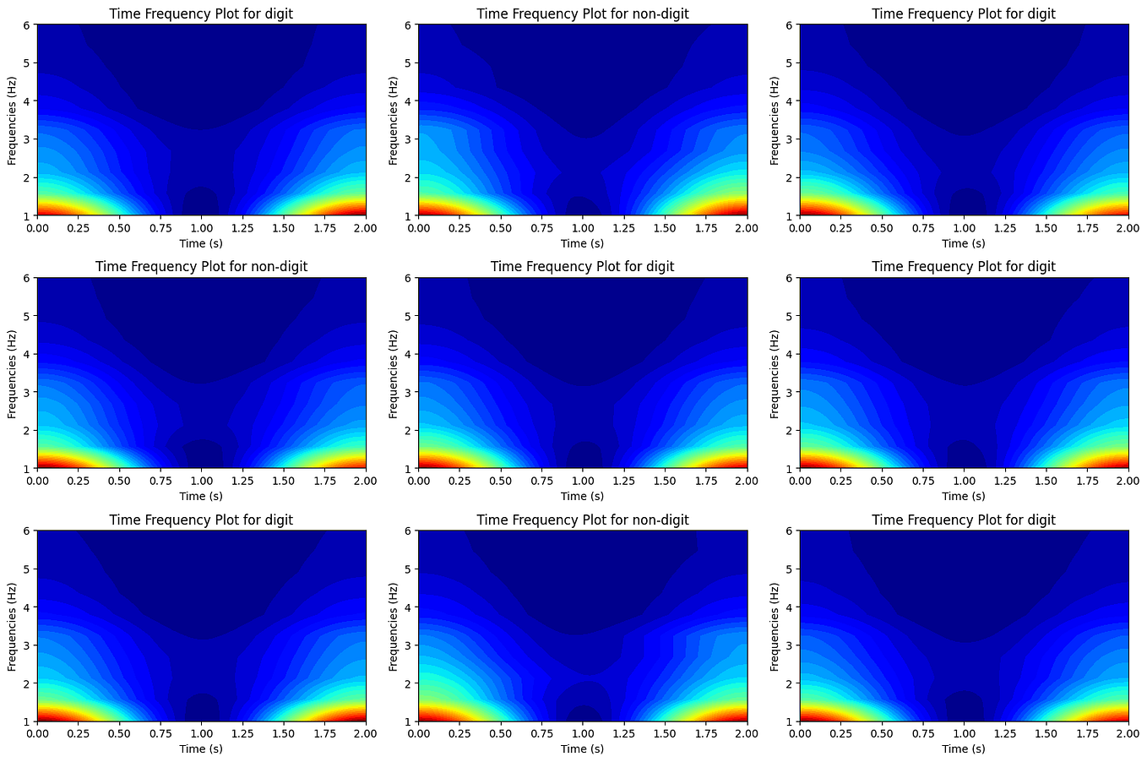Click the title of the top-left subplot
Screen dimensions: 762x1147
(201, 14)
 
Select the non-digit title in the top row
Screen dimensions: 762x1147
(583, 14)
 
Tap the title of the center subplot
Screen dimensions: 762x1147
(583, 266)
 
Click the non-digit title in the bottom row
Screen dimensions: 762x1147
(583, 520)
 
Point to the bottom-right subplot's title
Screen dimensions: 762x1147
(964, 520)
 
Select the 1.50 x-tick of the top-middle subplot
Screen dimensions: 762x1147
(665, 228)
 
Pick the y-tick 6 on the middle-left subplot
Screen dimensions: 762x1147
(27, 278)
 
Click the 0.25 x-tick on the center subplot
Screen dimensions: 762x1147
(459, 482)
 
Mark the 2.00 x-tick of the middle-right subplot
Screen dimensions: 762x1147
(1128, 482)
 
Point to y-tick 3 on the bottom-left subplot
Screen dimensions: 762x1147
(27, 645)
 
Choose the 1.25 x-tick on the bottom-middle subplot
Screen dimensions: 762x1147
(623, 734)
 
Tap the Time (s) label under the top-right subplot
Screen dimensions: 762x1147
(964, 243)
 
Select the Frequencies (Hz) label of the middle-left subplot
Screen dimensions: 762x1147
(12, 373)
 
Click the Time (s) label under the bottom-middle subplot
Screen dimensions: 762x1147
(583, 748)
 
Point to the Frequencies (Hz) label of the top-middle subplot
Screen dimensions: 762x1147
(394, 120)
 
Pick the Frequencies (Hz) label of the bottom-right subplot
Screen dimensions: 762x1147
(775, 626)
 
